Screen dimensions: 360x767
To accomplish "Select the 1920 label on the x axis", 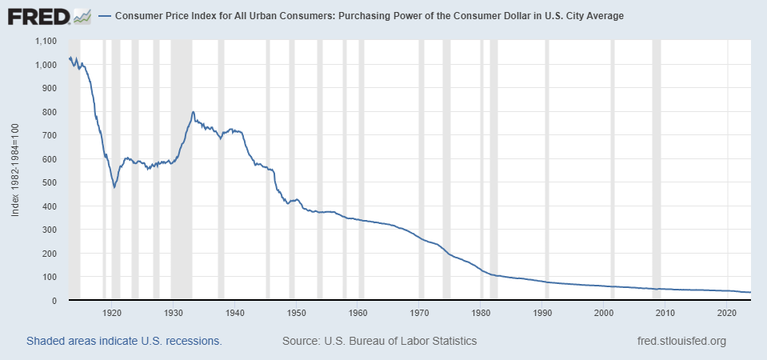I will coord(112,312).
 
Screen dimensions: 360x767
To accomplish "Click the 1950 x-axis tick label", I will coord(296,312).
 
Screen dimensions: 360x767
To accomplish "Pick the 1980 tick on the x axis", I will coord(481,312).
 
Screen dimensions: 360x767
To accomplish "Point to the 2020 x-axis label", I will coord(727,312).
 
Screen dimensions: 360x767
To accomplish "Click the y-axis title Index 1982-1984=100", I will coord(15,170).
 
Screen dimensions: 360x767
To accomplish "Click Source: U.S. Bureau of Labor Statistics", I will coord(379,342).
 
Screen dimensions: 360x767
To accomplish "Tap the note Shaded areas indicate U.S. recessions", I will coord(124,342).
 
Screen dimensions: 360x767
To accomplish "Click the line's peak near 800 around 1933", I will coord(193,112).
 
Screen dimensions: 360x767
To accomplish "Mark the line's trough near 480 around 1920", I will coord(114,187).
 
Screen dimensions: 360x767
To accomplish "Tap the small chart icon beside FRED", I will coord(81,16).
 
